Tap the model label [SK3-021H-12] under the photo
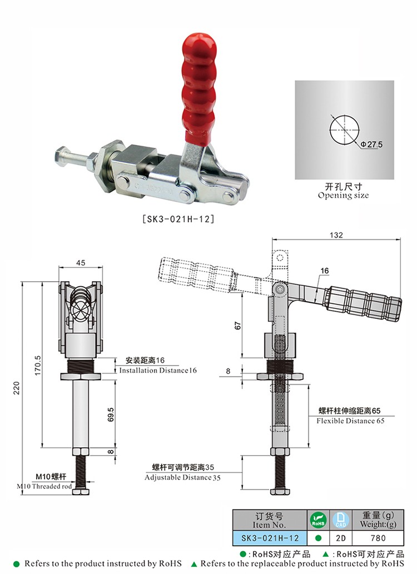coord(178,219)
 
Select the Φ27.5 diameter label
coord(371,144)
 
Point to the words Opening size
coord(344,196)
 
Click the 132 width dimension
coord(336,235)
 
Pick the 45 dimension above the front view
coord(81,262)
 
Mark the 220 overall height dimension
coord(17,388)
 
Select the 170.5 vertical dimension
coord(38,365)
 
